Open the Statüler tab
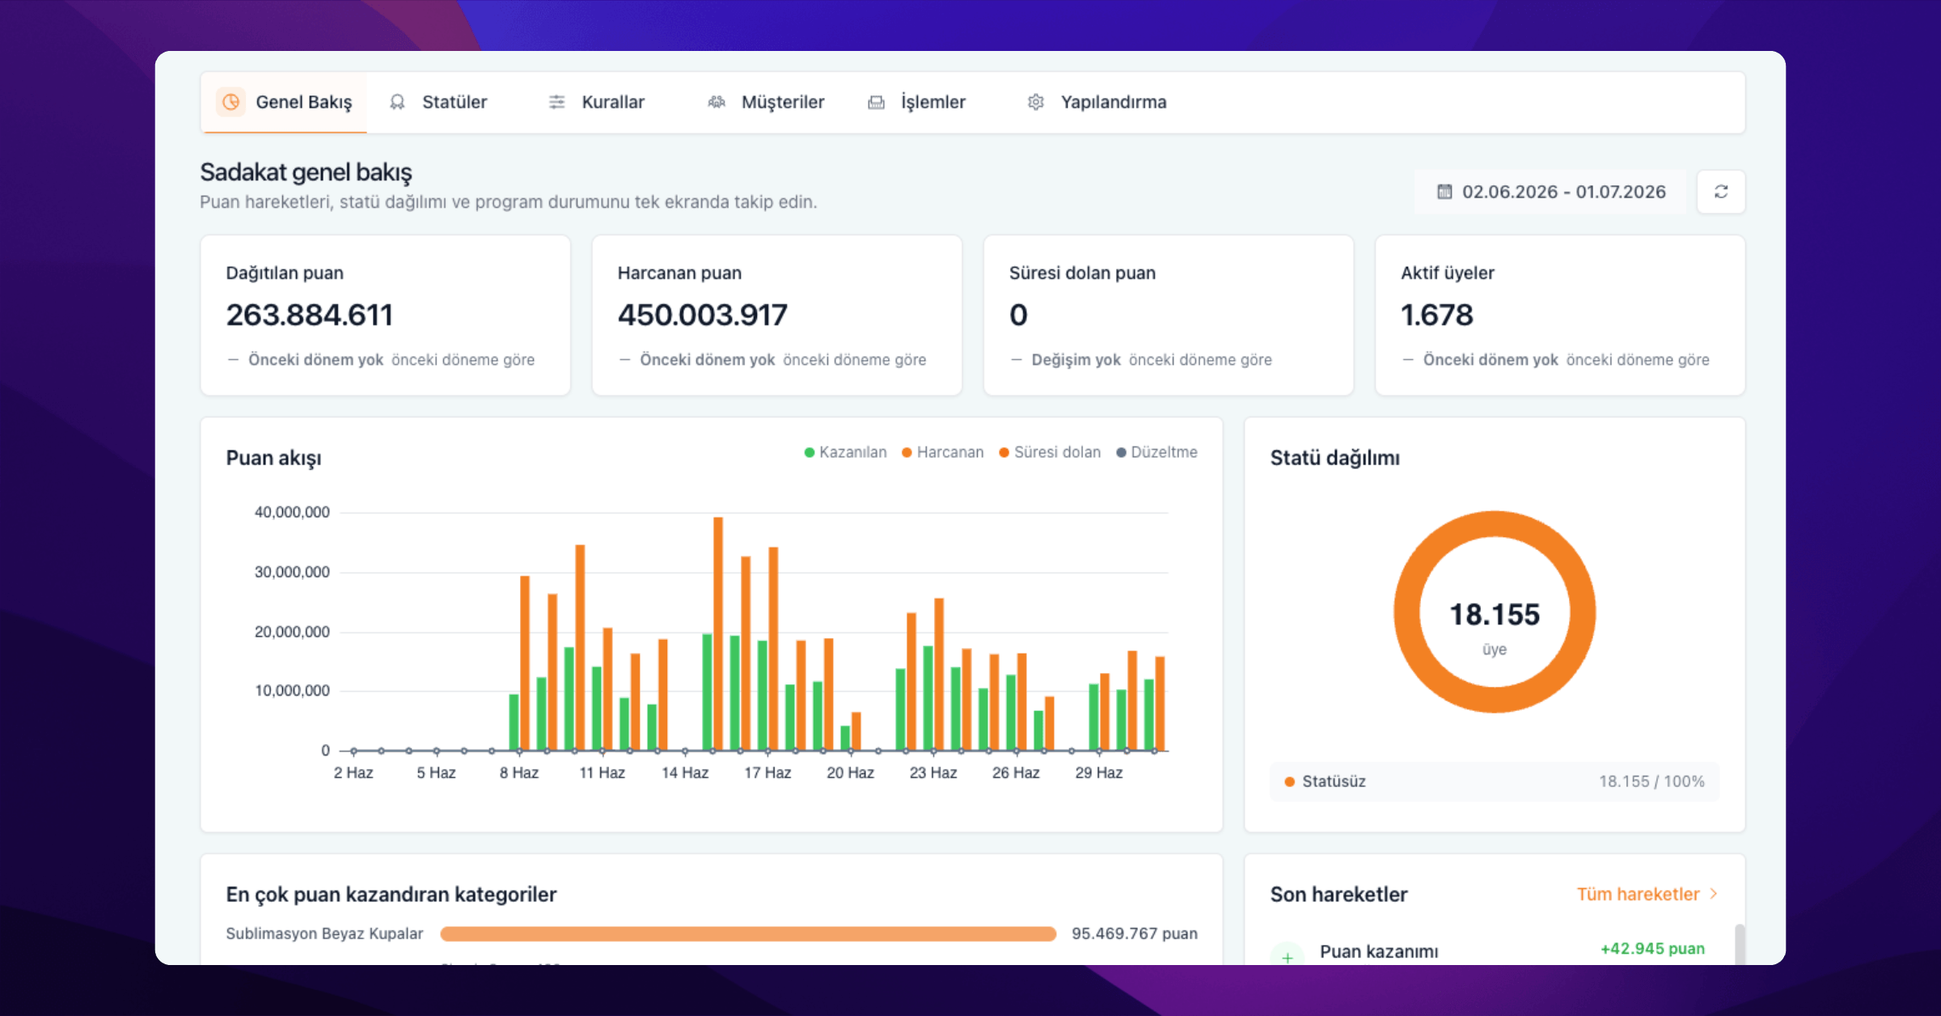pos(438,102)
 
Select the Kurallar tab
pos(597,102)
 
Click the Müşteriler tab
pos(766,102)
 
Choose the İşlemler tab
pos(917,102)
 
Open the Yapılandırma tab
pos(1097,102)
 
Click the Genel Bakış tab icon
pos(231,102)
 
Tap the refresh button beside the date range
pos(1721,192)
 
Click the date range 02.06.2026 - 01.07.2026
pos(1551,192)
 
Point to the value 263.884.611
pos(310,315)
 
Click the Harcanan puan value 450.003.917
pos(703,315)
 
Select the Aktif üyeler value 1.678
pos(1437,315)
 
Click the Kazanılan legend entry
pos(845,452)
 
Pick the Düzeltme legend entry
pos(1157,452)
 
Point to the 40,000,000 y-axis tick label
pos(292,512)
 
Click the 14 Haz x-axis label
pos(685,773)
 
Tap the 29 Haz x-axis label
pos(1099,773)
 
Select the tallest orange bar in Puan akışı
pos(718,633)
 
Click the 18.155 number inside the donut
pos(1495,615)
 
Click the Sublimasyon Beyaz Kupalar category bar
pos(748,934)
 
